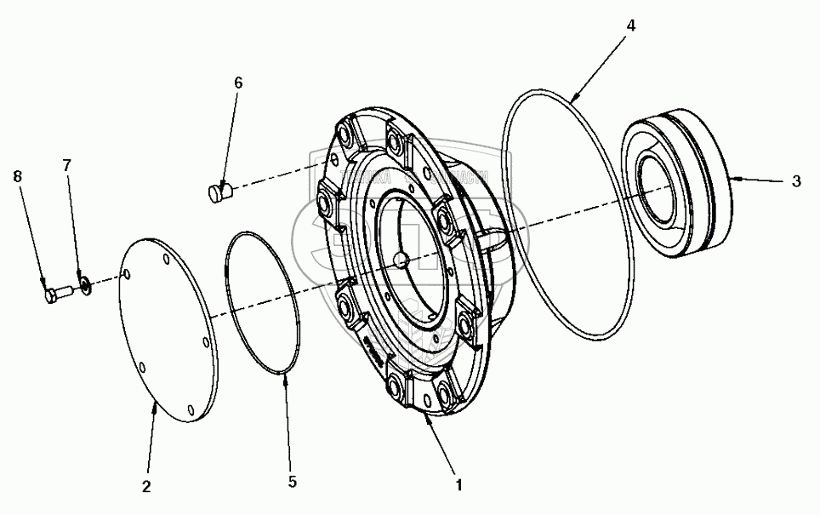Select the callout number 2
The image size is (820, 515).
click(146, 487)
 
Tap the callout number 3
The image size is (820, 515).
click(795, 180)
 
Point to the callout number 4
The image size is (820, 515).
click(630, 26)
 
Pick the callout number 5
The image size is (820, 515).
click(292, 481)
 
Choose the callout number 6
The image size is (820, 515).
click(238, 83)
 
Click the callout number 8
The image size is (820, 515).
click(18, 176)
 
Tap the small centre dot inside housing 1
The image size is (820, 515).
click(401, 260)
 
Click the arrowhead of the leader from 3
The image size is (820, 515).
click(731, 179)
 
